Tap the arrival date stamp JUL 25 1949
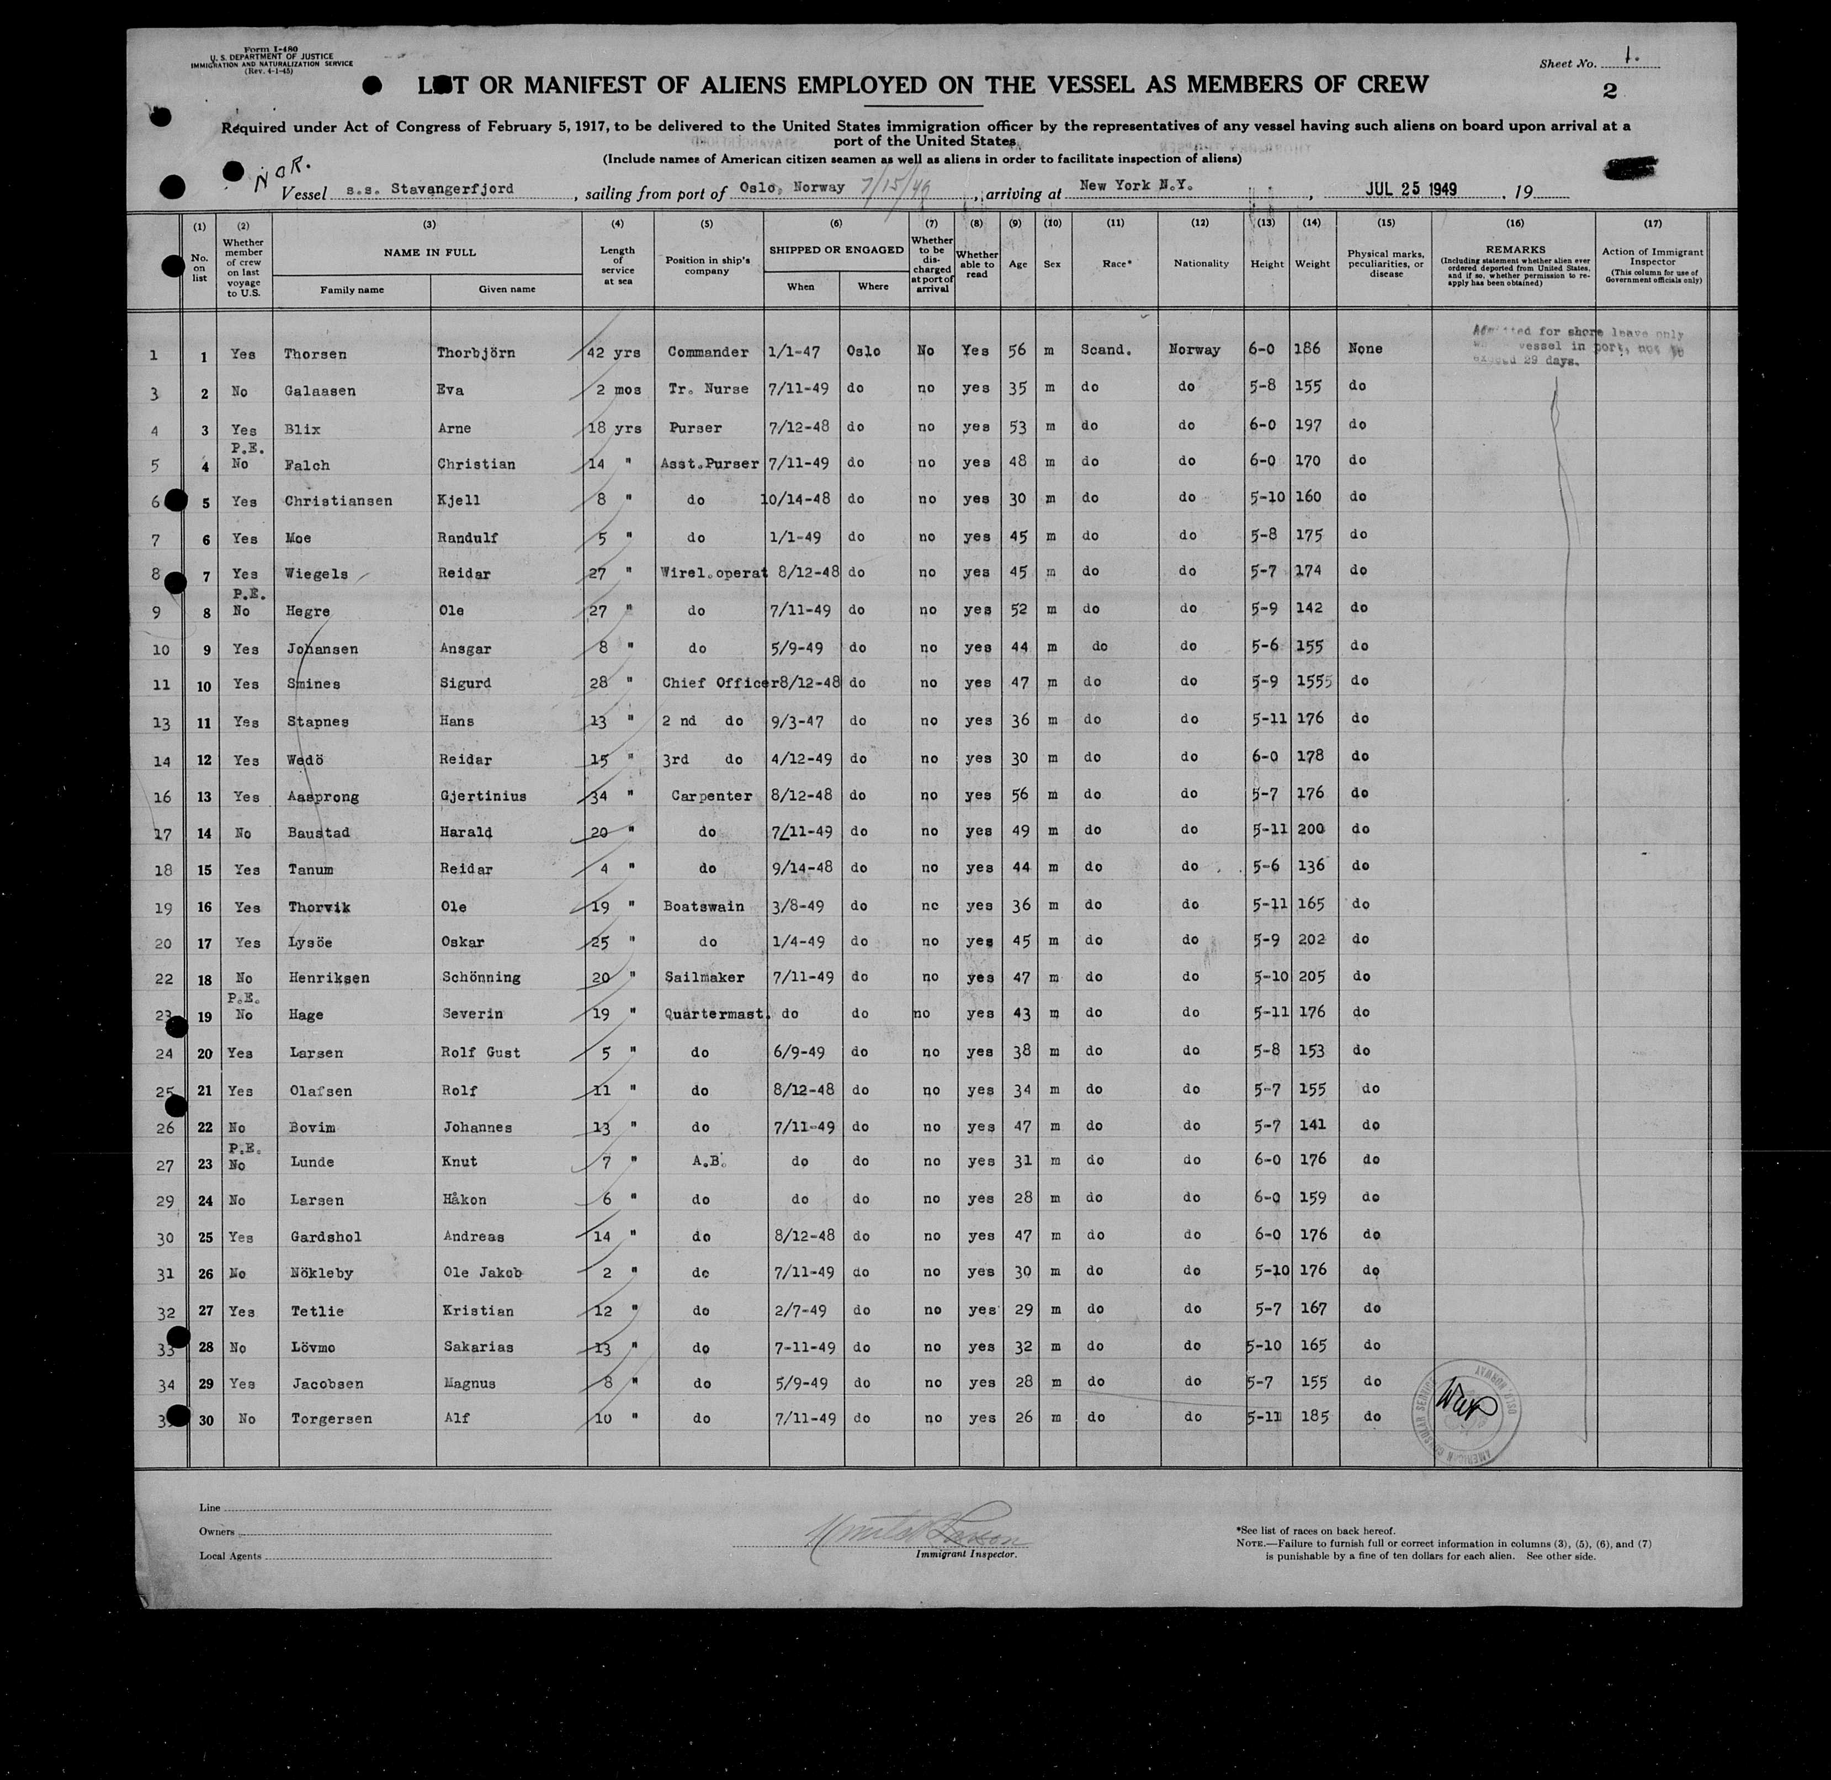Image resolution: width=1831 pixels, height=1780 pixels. coord(1411,188)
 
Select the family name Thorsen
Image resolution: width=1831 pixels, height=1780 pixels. coord(315,354)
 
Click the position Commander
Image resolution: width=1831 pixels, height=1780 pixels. coord(708,352)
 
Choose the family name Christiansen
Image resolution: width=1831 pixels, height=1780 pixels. coord(338,501)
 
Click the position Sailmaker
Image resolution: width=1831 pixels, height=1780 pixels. coord(705,977)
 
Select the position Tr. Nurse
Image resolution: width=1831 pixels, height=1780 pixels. coord(708,389)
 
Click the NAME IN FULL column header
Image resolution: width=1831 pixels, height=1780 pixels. coord(429,252)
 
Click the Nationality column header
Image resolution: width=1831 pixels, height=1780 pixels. coord(1201,264)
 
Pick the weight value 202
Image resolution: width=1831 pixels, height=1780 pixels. coord(1312,940)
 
